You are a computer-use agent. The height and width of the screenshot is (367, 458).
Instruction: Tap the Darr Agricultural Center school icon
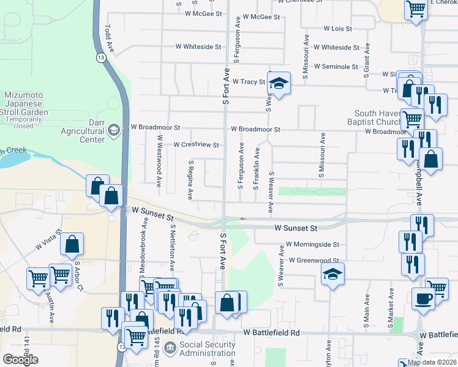[x=113, y=130]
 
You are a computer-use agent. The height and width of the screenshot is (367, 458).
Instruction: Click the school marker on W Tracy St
[x=279, y=83]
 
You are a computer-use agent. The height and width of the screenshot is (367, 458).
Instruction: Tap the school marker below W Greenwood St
[x=332, y=274]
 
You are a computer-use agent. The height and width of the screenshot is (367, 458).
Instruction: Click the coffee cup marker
[x=423, y=298]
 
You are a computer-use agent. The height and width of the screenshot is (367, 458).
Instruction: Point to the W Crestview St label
[x=196, y=145]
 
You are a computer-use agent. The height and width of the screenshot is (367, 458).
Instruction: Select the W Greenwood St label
[x=314, y=261]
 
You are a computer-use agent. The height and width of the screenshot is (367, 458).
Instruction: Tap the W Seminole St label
[x=336, y=67]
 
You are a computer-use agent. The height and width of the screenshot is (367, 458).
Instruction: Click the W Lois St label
[x=337, y=29]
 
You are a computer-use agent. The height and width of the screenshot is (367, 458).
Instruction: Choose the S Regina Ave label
[x=191, y=180]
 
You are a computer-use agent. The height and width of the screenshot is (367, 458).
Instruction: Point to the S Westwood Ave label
[x=159, y=165]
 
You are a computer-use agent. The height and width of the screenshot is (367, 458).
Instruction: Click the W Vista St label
[x=48, y=239]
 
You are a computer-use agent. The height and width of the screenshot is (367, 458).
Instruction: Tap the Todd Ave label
[x=110, y=37]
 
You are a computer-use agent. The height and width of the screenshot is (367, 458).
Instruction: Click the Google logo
[x=20, y=360]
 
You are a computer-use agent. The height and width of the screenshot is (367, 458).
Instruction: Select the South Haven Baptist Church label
[x=377, y=117]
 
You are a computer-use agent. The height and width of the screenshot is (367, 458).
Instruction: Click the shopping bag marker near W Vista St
[x=72, y=243]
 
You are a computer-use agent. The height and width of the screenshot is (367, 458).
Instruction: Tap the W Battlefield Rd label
[x=271, y=333]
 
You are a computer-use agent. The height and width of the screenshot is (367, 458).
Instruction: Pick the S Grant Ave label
[x=367, y=58]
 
